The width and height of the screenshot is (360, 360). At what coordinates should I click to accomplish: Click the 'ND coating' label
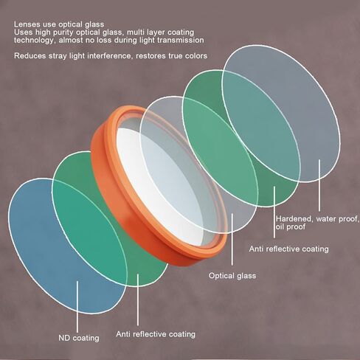[79, 338]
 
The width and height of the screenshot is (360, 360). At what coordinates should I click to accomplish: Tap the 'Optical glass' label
[232, 276]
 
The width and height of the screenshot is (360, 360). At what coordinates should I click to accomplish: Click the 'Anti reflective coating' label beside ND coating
[156, 334]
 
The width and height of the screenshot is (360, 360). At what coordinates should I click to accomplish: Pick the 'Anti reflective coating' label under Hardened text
[289, 249]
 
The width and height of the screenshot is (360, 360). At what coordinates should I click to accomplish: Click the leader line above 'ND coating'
[77, 307]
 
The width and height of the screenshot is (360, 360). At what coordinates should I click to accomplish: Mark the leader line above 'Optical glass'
[232, 239]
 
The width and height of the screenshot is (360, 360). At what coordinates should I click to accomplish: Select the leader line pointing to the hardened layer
[319, 185]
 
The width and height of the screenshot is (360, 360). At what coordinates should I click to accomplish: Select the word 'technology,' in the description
[35, 41]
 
